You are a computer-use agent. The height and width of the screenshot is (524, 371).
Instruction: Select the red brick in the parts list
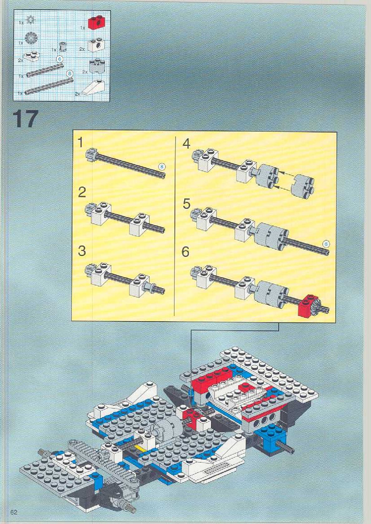point(95,23)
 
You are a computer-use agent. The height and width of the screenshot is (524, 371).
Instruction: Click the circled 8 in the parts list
point(70,74)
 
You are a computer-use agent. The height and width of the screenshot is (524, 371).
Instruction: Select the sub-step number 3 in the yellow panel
point(82,251)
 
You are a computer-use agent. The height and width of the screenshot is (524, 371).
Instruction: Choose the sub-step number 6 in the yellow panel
point(185,252)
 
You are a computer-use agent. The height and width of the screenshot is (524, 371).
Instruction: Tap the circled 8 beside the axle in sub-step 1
point(161,166)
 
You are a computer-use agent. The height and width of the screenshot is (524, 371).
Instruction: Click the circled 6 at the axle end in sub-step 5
point(326,244)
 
